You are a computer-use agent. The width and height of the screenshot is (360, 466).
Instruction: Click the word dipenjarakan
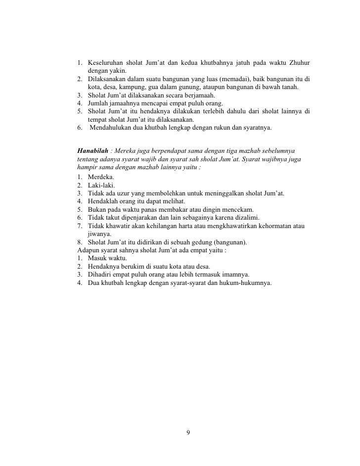[x=138, y=218]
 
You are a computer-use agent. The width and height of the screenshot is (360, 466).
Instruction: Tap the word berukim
[x=133, y=267]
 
